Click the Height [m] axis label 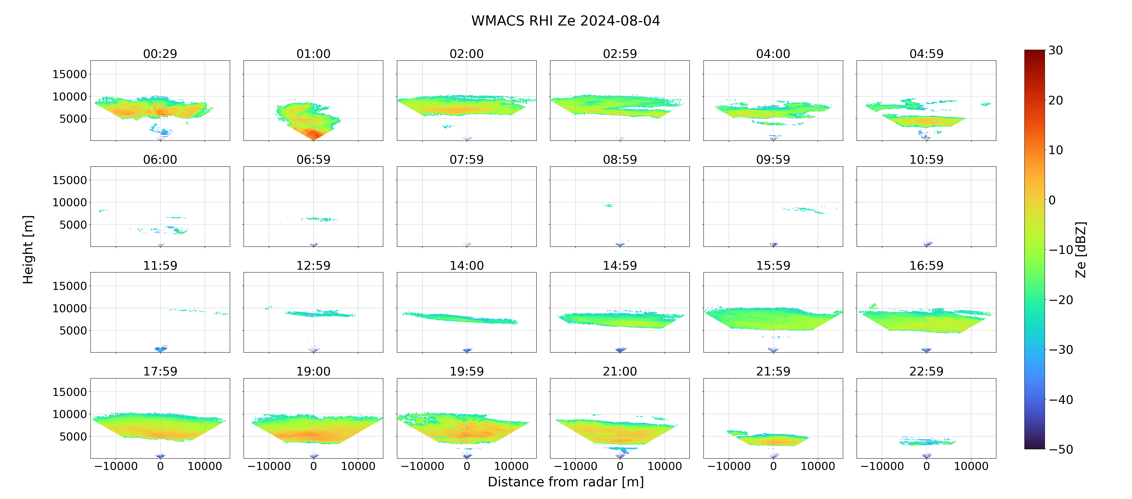pyautogui.click(x=28, y=249)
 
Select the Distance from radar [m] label pyautogui.click(x=566, y=482)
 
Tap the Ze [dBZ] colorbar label pyautogui.click(x=1080, y=249)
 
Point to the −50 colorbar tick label pyautogui.click(x=1061, y=449)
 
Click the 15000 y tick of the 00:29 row pyautogui.click(x=69, y=74)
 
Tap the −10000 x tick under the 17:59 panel pyautogui.click(x=116, y=466)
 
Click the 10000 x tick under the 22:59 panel pyautogui.click(x=971, y=466)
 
